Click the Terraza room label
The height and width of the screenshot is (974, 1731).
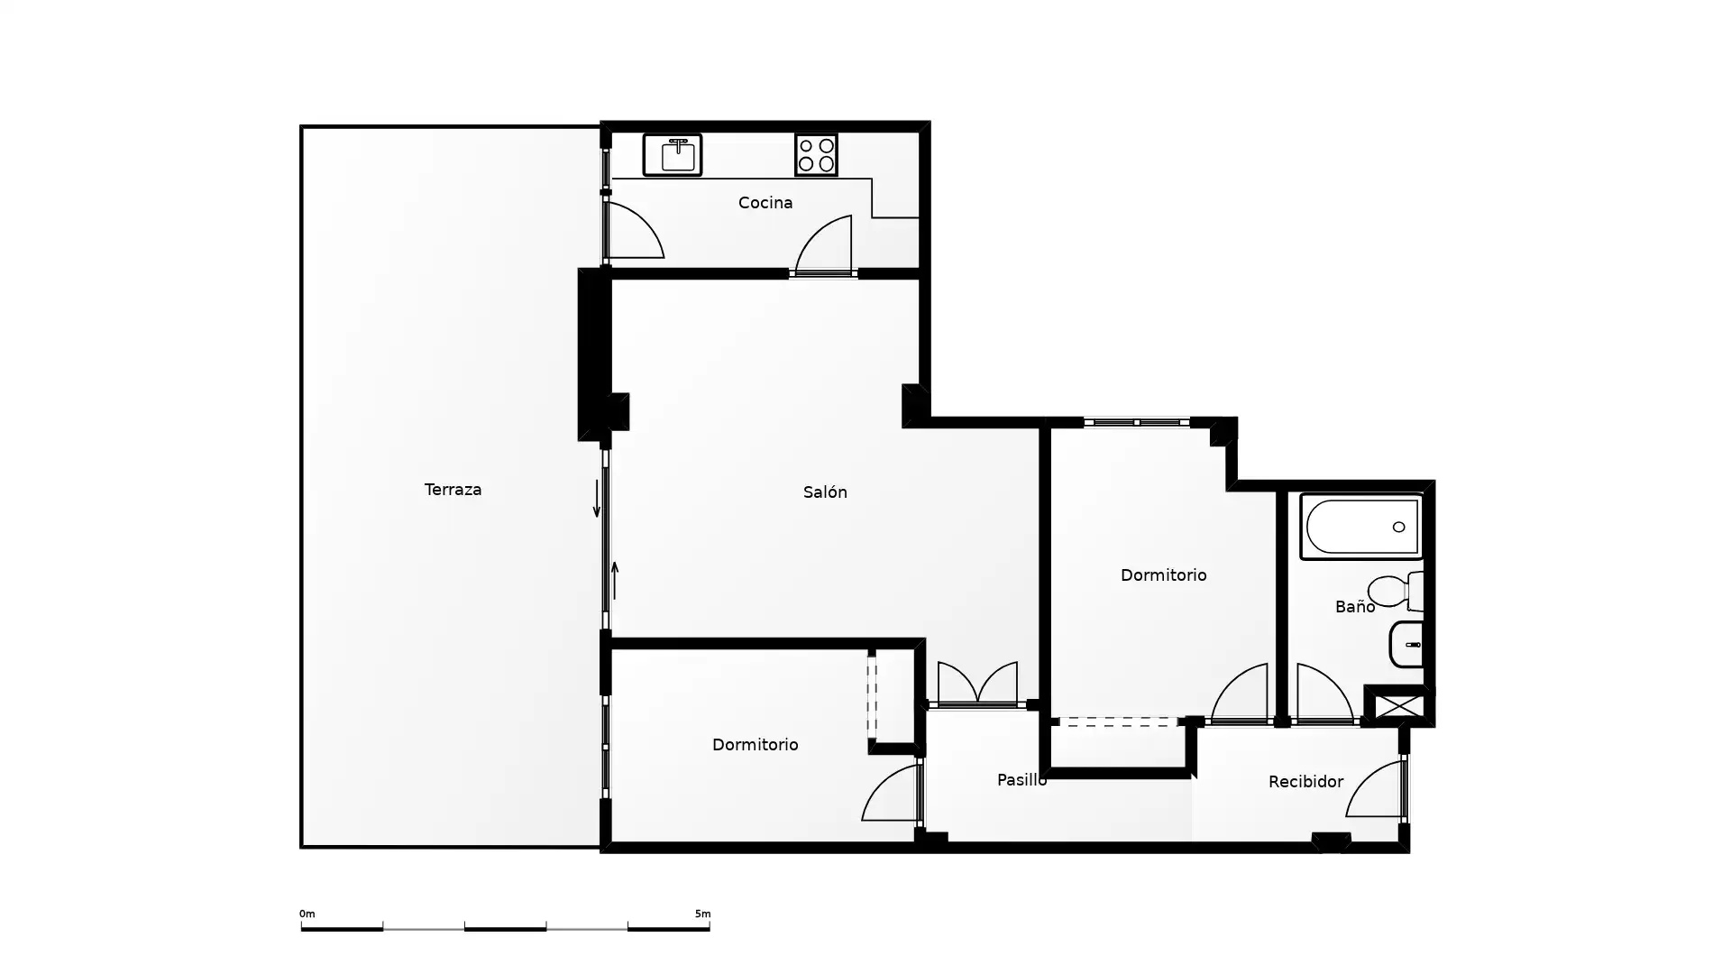pos(453,490)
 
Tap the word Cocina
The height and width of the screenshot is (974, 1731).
pos(765,203)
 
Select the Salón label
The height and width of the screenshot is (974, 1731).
pos(825,492)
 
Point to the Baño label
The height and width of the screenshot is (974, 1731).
pos(1355,607)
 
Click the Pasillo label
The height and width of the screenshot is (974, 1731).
pos(1021,780)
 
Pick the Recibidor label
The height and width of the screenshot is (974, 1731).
pos(1305,782)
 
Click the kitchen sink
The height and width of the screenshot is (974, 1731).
pos(673,155)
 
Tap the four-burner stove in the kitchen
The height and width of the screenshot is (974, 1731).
pos(816,155)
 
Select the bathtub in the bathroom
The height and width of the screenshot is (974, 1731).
pos(1361,527)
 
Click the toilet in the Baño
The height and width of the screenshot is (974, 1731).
pos(1395,591)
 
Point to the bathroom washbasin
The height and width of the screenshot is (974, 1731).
pos(1406,645)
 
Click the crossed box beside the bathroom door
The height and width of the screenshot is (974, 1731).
pos(1398,706)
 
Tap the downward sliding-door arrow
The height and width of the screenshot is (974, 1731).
pos(596,500)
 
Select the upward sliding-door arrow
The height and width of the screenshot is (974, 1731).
pos(615,580)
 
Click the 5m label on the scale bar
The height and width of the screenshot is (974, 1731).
pos(702,914)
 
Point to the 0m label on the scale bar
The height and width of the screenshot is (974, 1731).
pos(307,914)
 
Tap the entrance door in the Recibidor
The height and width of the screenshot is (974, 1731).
pos(1376,789)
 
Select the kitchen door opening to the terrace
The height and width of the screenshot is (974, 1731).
pos(634,231)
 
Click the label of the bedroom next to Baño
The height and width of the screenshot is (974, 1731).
pos(1163,574)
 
